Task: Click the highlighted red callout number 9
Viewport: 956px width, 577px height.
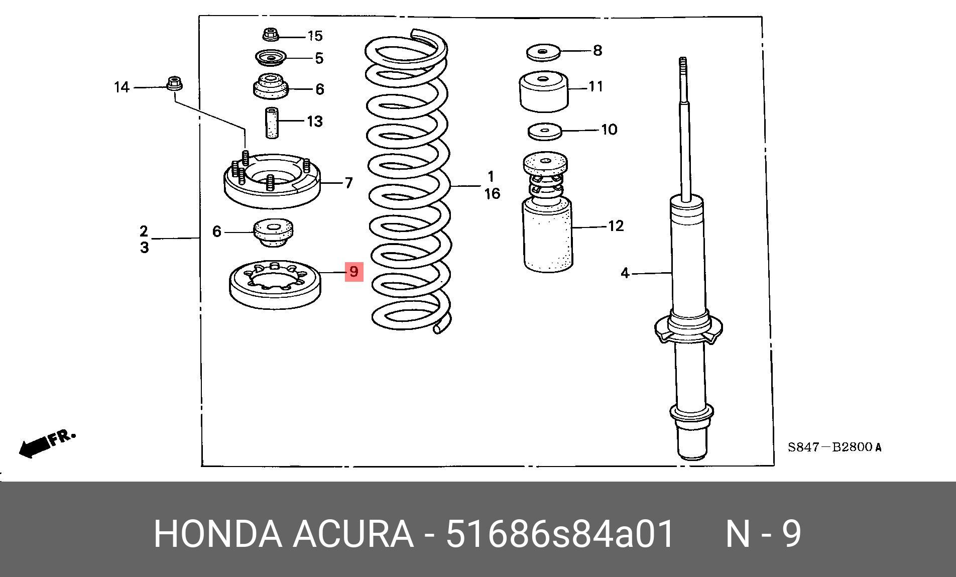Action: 353,272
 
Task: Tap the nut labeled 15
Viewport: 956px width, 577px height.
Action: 271,35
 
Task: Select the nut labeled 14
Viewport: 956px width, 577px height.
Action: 174,83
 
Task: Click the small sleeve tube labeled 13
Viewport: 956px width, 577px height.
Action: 271,123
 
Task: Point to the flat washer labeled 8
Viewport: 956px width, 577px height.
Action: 543,51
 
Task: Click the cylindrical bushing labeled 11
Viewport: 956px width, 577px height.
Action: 543,92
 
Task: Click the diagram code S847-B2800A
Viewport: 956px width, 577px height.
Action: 834,447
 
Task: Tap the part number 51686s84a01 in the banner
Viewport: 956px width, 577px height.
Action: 559,534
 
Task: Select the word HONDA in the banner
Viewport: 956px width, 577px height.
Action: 217,534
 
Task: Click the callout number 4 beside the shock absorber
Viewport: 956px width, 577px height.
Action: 625,273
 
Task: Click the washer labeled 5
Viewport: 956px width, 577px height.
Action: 270,58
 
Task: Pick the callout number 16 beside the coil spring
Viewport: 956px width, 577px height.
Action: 492,193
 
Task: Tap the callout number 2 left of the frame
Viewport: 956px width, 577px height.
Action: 144,231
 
